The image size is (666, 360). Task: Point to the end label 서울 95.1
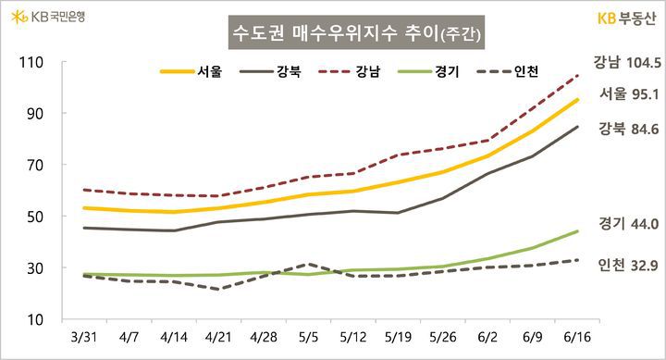pyautogui.click(x=629, y=93)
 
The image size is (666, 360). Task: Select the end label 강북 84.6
pyautogui.click(x=629, y=129)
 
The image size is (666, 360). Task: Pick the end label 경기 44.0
pyautogui.click(x=629, y=223)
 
